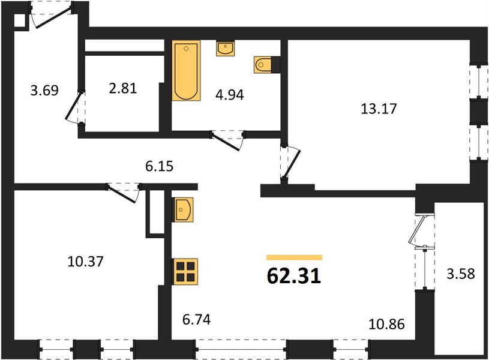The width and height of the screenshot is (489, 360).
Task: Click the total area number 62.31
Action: pos(294,276)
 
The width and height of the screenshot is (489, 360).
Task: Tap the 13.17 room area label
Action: pos(379,109)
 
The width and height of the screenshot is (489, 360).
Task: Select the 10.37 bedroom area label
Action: pos(85,262)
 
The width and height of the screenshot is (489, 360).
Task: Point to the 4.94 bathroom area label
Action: pos(230,95)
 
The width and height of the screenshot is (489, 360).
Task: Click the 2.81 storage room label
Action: pos(123,88)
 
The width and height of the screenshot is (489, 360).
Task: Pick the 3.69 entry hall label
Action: pos(44,91)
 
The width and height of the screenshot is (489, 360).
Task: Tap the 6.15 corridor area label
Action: pos(159,166)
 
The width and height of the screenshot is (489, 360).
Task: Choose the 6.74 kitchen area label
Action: pos(196,319)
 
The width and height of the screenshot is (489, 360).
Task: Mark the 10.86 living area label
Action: pos(387,325)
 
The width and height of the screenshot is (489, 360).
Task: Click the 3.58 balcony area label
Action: pos(461,274)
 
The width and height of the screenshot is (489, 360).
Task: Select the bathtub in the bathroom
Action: pos(186,71)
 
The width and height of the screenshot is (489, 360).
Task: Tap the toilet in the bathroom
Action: pos(263,65)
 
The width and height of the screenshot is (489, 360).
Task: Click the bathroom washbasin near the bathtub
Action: pos(225,49)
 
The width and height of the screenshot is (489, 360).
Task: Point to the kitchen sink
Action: pos(183,209)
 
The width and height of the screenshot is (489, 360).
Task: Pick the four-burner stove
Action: pos(185,272)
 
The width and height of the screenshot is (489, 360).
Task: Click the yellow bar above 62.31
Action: pos(294,257)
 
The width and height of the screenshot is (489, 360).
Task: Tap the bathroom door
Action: pos(227,140)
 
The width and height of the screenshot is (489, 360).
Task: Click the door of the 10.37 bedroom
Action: pos(123,193)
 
